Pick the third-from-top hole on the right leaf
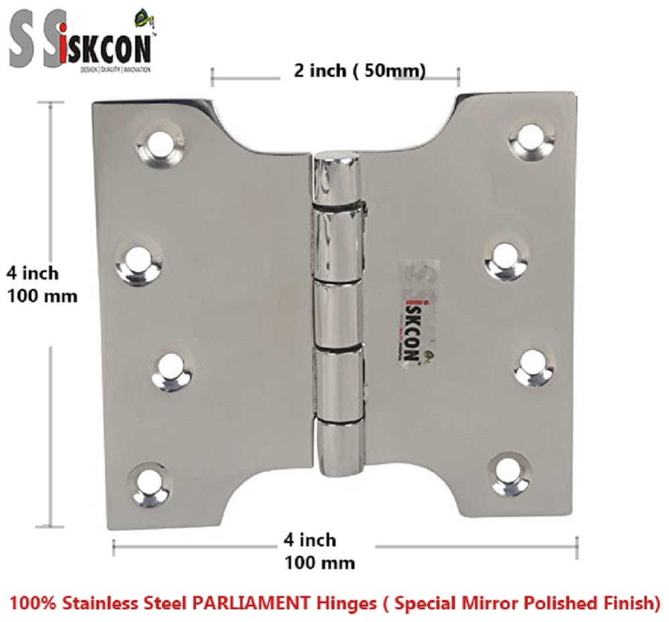point(534,365)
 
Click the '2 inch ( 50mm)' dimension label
point(359,71)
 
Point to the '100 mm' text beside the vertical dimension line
point(42,295)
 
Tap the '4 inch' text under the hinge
point(310,539)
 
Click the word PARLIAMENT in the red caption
point(245,604)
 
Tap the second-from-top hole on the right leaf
point(506,257)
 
